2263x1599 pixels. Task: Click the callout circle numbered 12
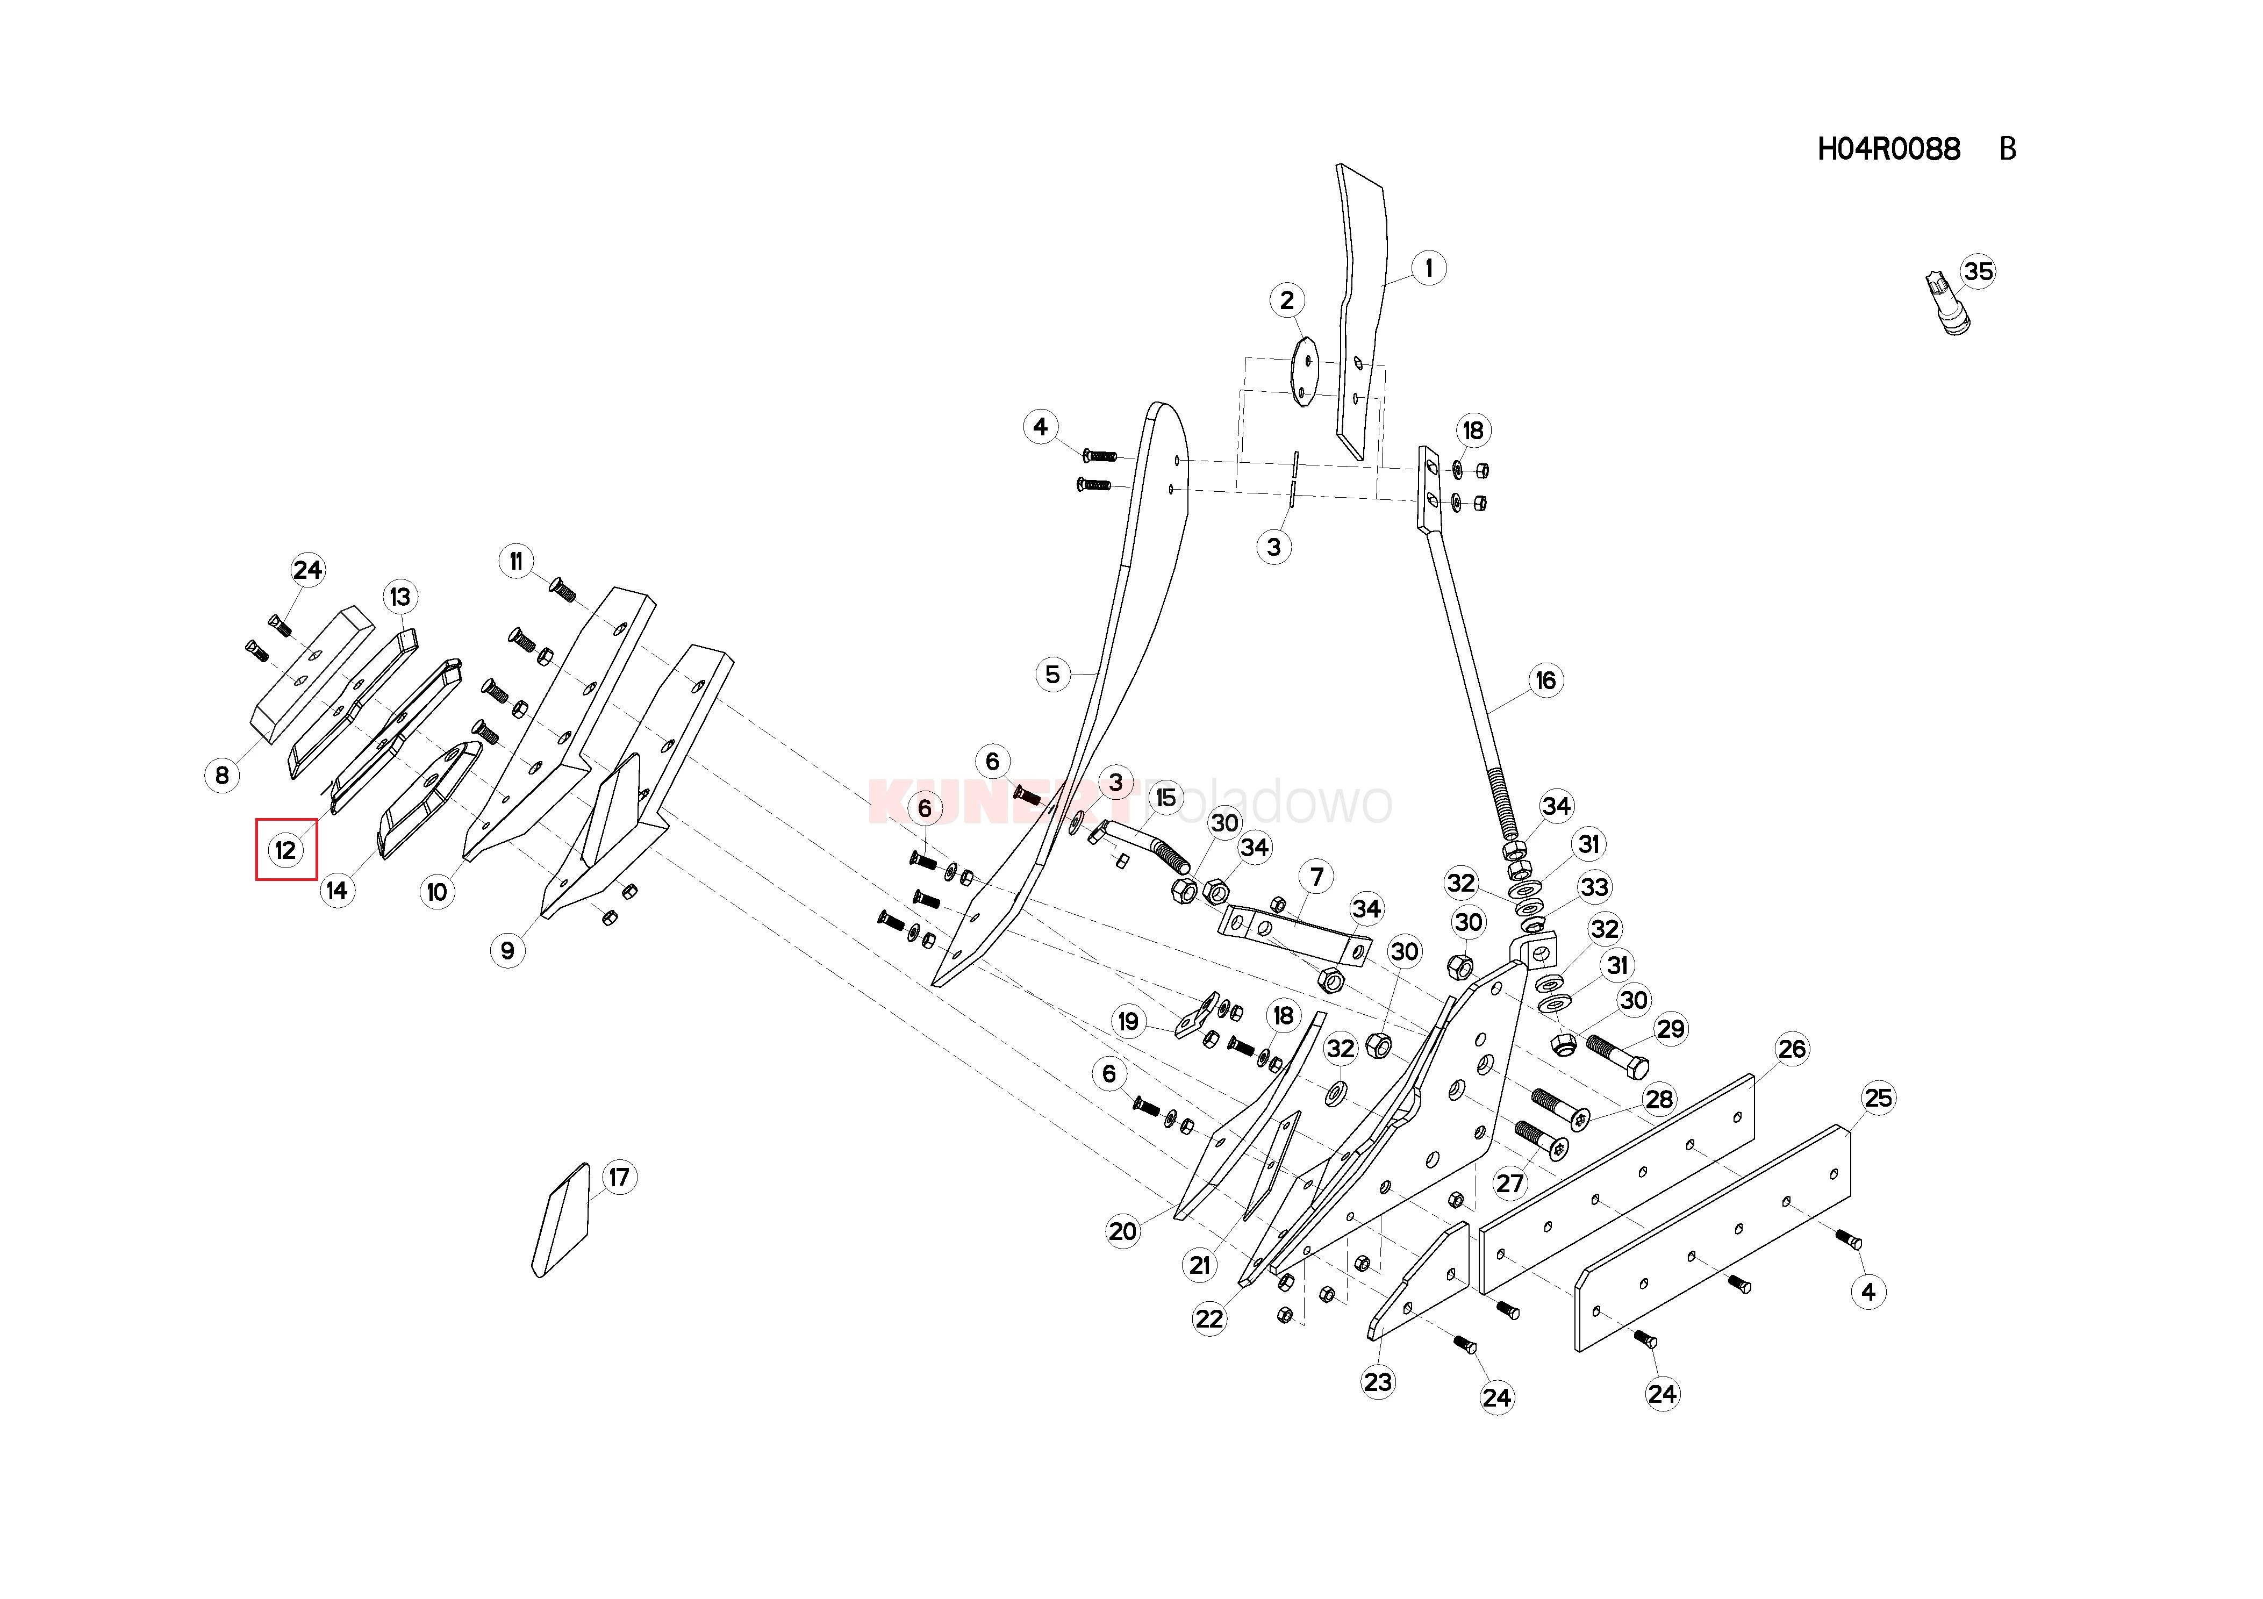pos(286,850)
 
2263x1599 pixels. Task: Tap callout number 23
pos(1378,1382)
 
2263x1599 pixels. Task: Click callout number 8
pos(222,776)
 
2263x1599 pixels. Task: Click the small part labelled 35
pos(1946,306)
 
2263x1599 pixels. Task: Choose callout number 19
pos(1128,1021)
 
